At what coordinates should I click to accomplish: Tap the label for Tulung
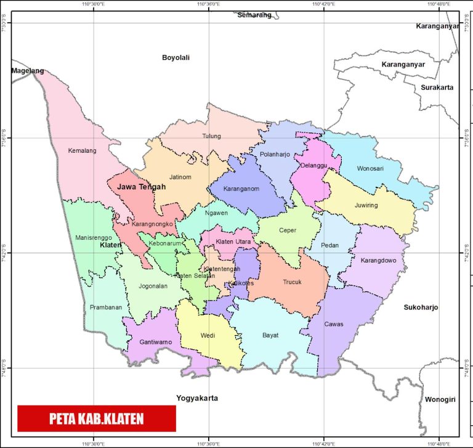211,136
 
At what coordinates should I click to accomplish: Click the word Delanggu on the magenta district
315,165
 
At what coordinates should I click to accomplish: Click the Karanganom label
242,189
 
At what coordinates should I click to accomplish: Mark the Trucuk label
293,282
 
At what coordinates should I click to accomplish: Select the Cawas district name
334,324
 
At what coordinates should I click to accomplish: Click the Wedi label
208,336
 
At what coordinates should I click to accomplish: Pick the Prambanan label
106,307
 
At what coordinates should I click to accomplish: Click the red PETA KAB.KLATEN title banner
97,419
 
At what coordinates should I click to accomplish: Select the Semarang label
254,15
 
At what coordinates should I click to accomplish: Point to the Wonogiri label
440,400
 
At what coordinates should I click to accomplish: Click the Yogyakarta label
196,398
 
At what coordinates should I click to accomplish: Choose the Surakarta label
437,88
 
